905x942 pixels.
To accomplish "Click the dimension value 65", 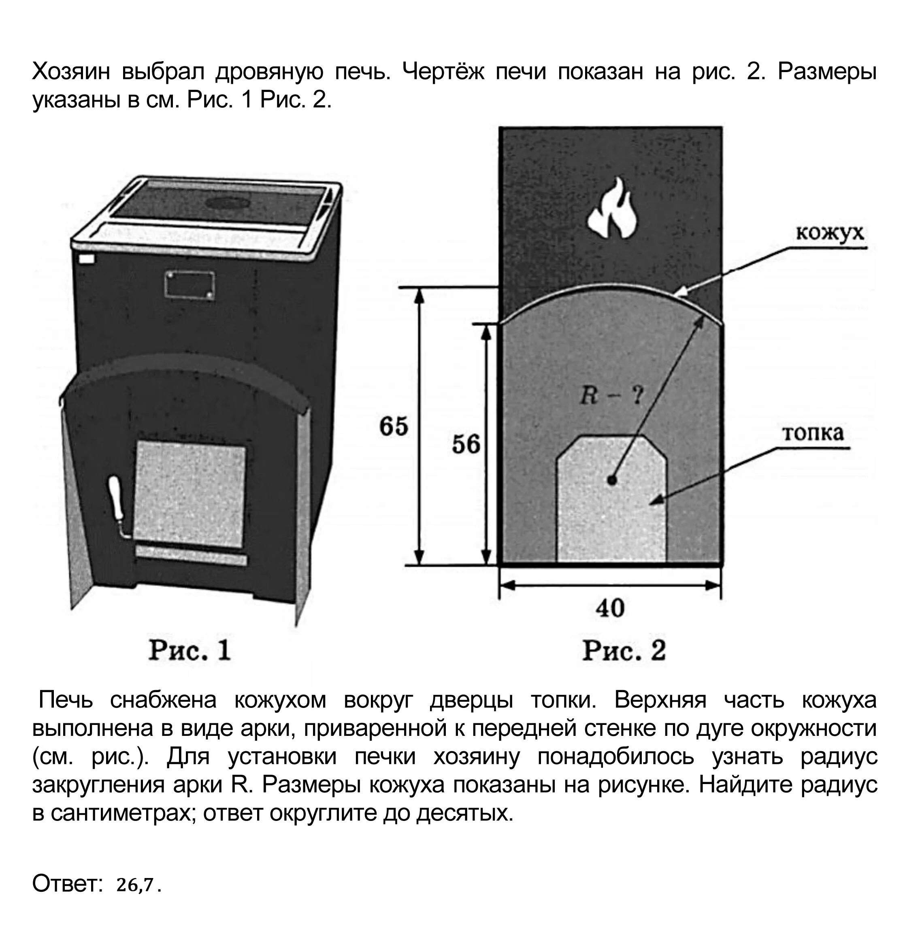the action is (393, 426).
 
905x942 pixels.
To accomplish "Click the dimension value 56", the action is (465, 444).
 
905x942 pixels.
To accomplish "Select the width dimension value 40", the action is (609, 608).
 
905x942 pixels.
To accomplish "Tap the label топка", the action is (813, 433).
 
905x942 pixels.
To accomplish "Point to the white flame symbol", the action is (612, 208).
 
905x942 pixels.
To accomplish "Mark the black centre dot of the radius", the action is (611, 480).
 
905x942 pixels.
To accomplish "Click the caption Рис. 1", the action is (190, 651).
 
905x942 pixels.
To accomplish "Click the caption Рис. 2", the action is (624, 651).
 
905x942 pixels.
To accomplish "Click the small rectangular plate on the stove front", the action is (190, 286).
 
